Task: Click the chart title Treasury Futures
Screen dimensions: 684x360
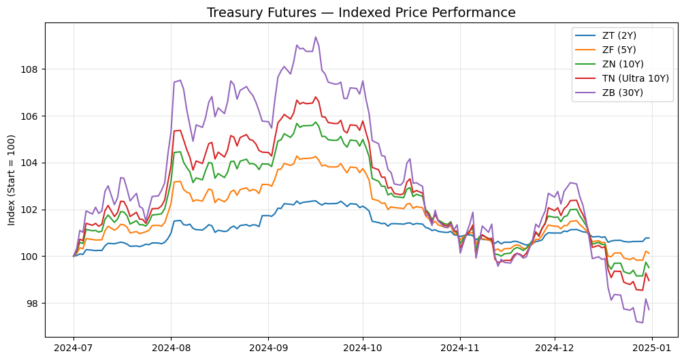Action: (261, 13)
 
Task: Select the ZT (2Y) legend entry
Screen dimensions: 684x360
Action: (606, 36)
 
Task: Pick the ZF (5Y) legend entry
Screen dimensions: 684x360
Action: (606, 50)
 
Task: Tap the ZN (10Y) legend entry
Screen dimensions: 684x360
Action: (609, 64)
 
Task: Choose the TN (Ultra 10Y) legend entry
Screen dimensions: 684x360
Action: (621, 78)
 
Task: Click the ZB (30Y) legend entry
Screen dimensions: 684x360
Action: (609, 93)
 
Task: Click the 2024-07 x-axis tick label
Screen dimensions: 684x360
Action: (74, 348)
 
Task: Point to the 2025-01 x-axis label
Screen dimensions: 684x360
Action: (652, 348)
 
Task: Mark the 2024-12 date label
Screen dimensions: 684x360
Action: (555, 348)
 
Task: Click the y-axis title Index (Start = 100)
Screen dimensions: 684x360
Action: (12, 180)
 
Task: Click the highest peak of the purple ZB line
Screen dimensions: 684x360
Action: (316, 37)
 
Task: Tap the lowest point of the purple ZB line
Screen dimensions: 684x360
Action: (642, 323)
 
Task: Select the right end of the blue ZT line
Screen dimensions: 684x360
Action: (649, 238)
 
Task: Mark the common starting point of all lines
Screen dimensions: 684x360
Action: (74, 256)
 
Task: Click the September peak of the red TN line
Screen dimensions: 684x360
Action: (315, 97)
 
